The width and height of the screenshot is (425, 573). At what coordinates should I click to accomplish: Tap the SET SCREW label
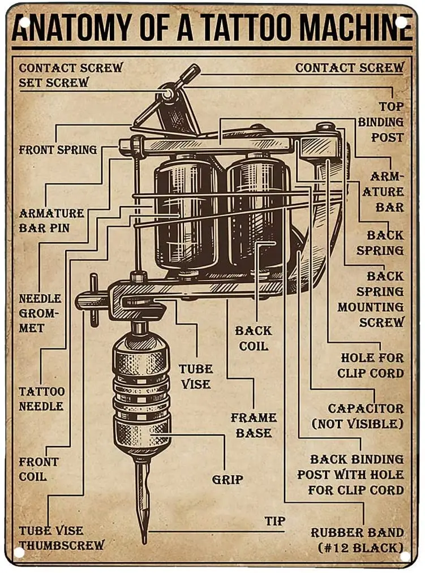[54, 83]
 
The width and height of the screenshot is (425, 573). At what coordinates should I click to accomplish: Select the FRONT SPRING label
[58, 150]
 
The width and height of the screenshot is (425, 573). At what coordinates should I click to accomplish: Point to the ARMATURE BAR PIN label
[51, 221]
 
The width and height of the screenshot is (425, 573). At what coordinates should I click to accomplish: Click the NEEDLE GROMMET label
[40, 313]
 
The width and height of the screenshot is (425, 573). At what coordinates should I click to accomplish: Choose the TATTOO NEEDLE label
[41, 399]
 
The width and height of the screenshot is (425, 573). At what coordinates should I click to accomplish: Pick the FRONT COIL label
[38, 469]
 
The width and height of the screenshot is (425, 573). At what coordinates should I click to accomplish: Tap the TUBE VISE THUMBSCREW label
[61, 538]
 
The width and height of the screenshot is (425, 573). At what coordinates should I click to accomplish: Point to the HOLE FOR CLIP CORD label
[372, 365]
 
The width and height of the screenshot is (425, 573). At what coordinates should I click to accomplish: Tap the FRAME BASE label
[254, 425]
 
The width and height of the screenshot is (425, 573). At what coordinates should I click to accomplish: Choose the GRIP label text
[227, 480]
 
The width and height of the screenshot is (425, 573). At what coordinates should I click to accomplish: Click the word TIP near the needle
[275, 520]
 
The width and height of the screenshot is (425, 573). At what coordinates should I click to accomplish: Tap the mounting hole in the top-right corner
[401, 21]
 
